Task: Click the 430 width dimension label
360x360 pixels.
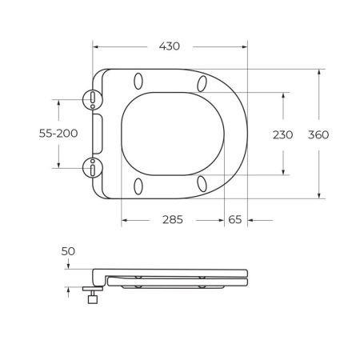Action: point(169,47)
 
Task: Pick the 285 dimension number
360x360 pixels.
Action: point(172,220)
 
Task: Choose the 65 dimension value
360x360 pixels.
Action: point(236,220)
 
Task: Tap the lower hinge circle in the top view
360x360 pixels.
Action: point(94,167)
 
